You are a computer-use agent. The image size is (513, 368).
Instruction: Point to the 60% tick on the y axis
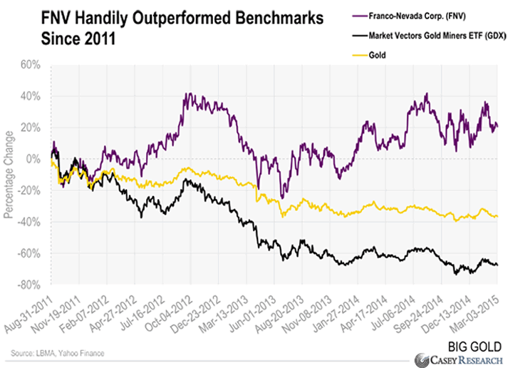(x=38, y=65)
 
